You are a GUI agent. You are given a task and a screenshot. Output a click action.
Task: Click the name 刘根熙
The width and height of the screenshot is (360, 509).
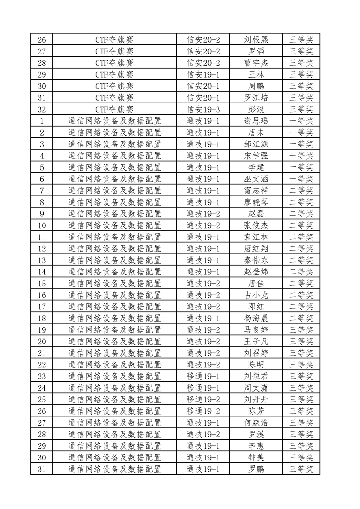click(256, 39)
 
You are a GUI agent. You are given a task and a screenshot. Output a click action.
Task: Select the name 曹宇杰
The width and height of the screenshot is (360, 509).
click(256, 63)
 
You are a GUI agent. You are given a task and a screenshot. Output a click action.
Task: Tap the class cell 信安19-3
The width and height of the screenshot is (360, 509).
click(203, 109)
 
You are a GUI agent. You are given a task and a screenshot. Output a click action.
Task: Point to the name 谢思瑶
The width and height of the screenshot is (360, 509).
click(256, 121)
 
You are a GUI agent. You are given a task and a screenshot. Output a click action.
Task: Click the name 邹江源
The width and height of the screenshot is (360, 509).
click(256, 144)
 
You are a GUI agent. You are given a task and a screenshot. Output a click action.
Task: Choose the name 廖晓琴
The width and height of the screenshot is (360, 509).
click(256, 202)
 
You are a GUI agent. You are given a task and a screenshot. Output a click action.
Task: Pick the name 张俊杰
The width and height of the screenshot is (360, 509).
click(256, 225)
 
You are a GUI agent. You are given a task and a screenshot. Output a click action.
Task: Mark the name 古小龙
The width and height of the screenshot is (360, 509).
click(256, 295)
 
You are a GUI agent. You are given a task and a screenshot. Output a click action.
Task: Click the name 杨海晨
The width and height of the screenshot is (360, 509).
click(256, 318)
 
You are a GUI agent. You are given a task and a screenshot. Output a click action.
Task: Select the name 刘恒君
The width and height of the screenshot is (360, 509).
click(256, 377)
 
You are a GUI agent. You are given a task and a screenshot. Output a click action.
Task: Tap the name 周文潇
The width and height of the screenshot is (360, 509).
click(256, 388)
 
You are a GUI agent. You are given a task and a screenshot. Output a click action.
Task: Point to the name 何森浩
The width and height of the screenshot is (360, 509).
click(256, 423)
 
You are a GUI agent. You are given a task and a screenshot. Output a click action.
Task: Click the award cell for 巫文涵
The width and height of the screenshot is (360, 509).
click(301, 179)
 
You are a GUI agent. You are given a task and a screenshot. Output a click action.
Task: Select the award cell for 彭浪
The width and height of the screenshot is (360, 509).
click(301, 109)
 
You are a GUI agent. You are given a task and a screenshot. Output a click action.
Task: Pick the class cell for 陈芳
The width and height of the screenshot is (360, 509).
click(203, 411)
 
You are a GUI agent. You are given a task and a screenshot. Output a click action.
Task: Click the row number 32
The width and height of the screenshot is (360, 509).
click(42, 109)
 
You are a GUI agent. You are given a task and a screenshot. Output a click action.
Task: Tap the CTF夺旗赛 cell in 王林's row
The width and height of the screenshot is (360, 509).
click(114, 74)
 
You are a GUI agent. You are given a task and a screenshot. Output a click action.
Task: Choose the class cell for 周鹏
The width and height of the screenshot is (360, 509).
click(203, 86)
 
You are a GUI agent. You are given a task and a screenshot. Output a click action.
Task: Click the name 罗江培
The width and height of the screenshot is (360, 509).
click(256, 98)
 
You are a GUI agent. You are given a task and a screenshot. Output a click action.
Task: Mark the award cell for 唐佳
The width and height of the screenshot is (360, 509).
click(301, 284)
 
